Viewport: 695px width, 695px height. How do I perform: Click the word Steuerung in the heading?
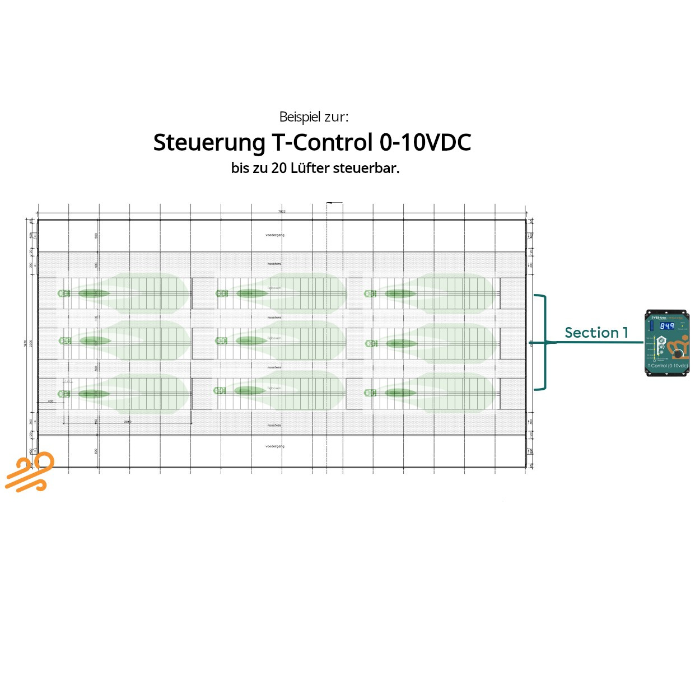209,143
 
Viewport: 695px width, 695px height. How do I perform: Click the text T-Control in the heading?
322,142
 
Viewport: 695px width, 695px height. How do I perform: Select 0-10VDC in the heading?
425,142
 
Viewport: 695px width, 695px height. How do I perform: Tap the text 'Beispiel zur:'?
314,117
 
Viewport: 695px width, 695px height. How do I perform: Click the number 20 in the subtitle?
279,168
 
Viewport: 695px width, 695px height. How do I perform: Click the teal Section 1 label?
596,333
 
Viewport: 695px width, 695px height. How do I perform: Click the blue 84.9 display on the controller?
666,326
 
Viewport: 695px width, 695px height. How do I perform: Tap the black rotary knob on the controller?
678,354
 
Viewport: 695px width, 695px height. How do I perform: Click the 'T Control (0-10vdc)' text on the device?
668,366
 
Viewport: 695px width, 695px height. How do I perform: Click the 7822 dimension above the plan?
282,212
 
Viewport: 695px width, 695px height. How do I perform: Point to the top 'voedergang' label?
275,235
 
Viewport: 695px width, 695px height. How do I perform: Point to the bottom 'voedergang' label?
275,446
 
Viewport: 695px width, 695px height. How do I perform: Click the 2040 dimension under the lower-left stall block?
128,422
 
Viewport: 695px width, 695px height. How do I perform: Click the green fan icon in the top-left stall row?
64,293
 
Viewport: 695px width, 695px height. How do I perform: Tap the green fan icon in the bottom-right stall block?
370,393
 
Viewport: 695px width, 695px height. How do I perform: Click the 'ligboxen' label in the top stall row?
274,288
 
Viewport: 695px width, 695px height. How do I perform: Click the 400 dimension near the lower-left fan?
50,402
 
